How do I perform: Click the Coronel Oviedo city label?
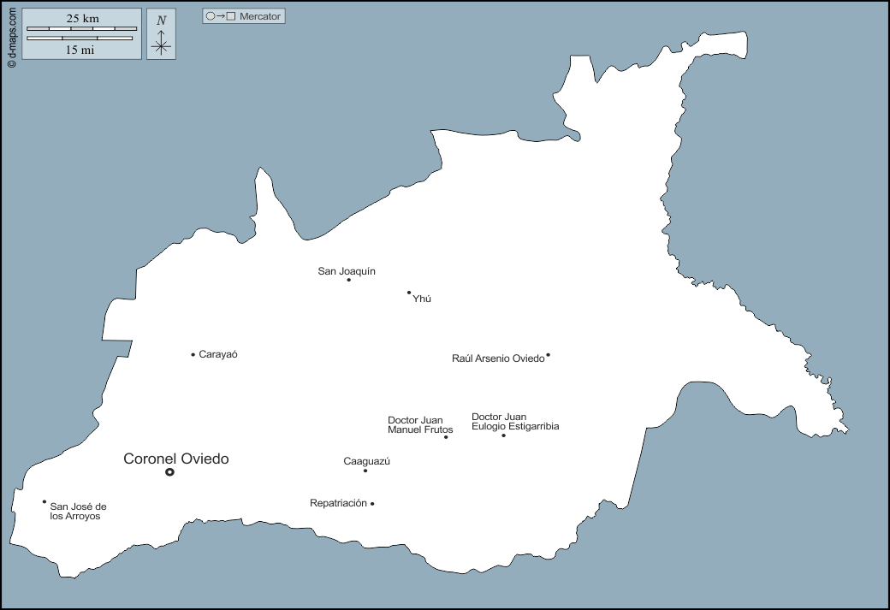[176, 459]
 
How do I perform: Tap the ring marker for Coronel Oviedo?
[169, 471]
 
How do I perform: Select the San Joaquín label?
[347, 271]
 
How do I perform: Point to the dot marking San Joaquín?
[349, 280]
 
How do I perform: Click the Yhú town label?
[421, 299]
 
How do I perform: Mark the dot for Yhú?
[409, 293]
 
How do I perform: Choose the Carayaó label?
[217, 354]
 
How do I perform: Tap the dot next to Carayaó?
[193, 354]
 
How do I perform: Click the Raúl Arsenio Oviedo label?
[498, 358]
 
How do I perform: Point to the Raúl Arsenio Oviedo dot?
[548, 355]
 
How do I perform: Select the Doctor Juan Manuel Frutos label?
[420, 424]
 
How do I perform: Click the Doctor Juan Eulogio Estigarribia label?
[515, 422]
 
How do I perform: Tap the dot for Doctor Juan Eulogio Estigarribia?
[503, 435]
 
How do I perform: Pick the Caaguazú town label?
[366, 461]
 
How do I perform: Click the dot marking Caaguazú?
[365, 471]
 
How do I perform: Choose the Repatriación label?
[338, 503]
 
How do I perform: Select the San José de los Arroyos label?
[78, 511]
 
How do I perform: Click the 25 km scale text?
[83, 18]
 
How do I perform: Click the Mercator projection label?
[260, 16]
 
